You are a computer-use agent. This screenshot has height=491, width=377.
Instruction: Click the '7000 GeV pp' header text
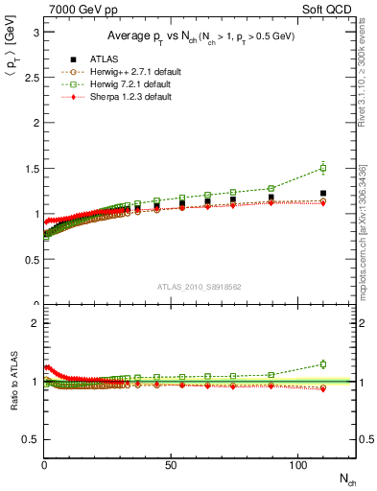tap(79, 9)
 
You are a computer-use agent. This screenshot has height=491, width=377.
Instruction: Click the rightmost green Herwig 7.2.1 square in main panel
tap(322, 168)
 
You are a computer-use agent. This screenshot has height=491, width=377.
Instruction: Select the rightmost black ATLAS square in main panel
tap(322, 194)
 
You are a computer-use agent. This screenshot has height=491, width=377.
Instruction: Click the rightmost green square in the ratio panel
tap(322, 364)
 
